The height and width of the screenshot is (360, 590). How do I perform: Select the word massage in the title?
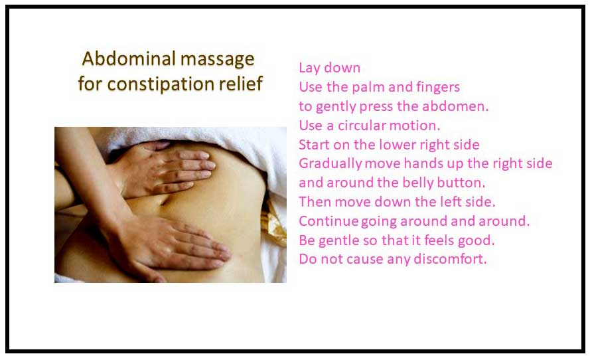[218, 60]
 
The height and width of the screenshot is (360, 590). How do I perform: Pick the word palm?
[368, 88]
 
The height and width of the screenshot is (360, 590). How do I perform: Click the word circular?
[361, 126]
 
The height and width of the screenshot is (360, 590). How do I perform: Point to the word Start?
[314, 145]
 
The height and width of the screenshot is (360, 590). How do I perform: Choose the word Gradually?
[331, 164]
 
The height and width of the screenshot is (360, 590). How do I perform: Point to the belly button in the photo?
[165, 199]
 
